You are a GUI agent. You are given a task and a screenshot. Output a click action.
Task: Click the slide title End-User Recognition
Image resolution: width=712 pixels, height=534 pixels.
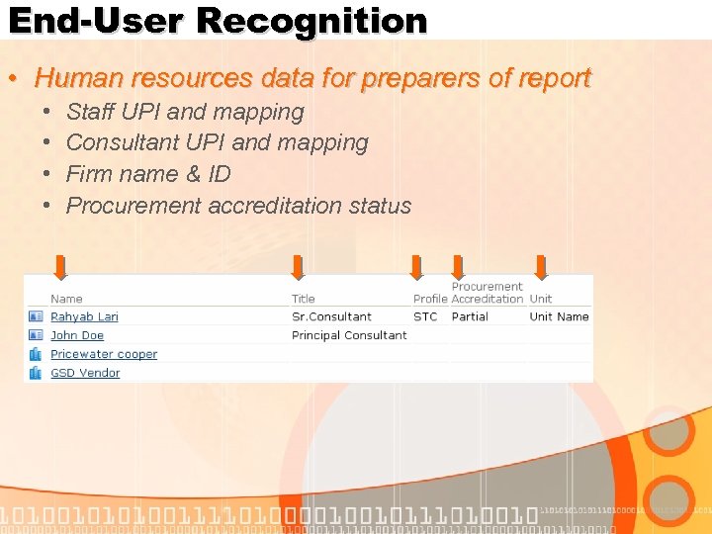[x=218, y=21]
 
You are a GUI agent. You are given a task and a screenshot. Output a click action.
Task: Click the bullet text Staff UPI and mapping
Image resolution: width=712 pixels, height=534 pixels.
[x=184, y=112]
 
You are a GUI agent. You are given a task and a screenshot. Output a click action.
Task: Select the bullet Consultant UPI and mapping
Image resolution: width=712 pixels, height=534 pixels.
[x=217, y=142]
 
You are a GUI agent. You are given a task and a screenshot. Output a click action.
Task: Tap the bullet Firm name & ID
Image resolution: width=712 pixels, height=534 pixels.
[x=148, y=174]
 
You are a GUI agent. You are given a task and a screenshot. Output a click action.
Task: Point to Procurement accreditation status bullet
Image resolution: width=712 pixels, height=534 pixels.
[x=238, y=206]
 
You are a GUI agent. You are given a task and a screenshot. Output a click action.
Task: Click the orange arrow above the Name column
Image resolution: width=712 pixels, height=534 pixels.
[x=60, y=267]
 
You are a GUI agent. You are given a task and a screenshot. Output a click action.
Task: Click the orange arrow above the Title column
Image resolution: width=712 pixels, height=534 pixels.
[x=298, y=267]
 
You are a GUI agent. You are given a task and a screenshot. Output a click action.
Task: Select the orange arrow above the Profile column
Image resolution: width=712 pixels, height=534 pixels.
[x=416, y=267]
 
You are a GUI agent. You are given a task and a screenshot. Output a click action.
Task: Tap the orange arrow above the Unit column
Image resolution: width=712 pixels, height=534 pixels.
[x=541, y=267]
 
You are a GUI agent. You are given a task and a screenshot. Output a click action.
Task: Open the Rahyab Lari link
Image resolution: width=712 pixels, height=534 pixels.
[x=84, y=316]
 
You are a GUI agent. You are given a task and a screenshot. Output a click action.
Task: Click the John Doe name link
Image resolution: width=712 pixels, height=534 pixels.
[x=77, y=335]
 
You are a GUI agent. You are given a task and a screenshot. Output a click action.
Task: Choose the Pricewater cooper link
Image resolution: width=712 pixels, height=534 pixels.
[x=104, y=354]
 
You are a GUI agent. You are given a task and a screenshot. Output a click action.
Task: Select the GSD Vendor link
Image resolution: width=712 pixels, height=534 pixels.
[x=85, y=373]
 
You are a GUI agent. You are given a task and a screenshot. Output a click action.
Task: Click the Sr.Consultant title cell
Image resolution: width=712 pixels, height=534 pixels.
[x=331, y=316]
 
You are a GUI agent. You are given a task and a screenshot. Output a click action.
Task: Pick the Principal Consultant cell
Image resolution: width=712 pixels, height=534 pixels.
[x=349, y=335]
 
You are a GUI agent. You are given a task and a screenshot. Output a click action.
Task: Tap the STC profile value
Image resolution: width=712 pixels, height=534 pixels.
[x=425, y=316]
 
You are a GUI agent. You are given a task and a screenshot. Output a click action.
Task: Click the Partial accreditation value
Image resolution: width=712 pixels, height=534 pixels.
[x=470, y=316]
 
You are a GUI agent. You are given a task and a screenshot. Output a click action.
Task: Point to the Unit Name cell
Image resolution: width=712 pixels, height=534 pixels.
[x=559, y=316]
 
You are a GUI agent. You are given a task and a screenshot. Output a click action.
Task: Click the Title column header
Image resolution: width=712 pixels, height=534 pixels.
[x=304, y=299]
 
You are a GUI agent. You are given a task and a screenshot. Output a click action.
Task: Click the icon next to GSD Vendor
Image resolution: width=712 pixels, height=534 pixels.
[x=36, y=373]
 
